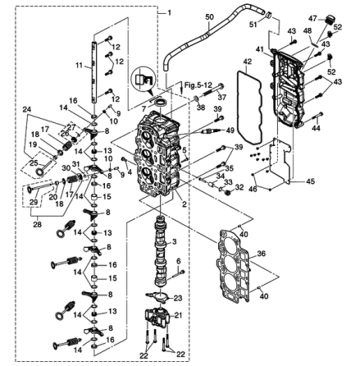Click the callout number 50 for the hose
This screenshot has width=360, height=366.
(x=209, y=17)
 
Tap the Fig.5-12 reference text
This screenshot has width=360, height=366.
(x=196, y=85)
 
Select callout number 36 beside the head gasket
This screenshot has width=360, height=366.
(x=262, y=254)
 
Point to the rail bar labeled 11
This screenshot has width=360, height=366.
(x=94, y=71)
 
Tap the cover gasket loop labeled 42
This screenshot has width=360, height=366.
(x=248, y=107)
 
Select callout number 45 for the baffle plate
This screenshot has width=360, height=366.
(x=310, y=181)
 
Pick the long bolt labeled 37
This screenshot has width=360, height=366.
(x=213, y=90)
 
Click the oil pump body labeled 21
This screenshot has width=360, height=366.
(x=157, y=318)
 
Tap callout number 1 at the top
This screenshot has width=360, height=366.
(x=169, y=13)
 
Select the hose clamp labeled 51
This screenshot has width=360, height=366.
(x=268, y=15)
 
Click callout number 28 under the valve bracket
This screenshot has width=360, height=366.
(x=37, y=224)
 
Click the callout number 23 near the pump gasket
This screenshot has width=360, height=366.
(x=178, y=298)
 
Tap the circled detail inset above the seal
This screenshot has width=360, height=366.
(x=143, y=79)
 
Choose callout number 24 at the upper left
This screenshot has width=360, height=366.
(x=26, y=110)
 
